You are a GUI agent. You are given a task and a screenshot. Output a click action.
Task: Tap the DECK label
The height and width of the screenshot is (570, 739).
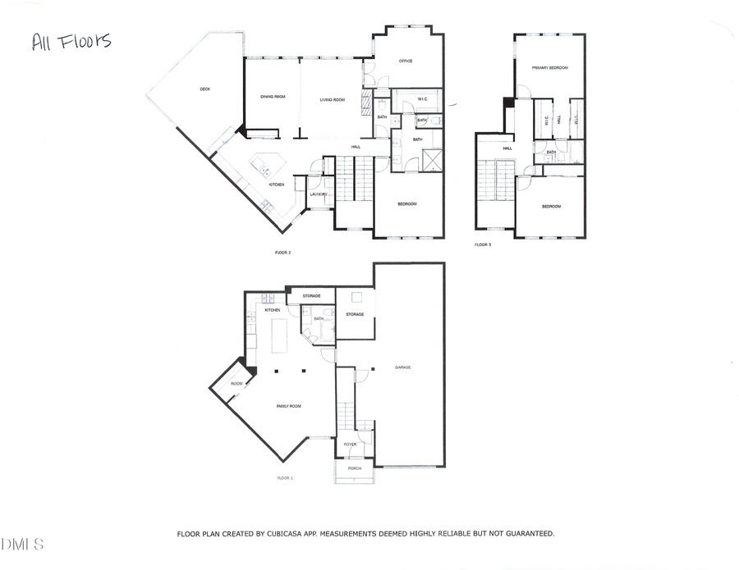(x=205, y=89)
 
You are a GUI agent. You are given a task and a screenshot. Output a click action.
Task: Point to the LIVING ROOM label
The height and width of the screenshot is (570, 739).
(x=332, y=99)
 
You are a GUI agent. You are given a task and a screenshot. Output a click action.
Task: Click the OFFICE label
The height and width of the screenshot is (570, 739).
(x=405, y=61)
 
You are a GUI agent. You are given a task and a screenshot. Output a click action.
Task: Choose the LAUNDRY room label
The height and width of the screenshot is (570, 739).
(x=319, y=194)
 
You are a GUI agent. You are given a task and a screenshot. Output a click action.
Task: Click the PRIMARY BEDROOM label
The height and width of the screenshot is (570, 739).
(x=550, y=68)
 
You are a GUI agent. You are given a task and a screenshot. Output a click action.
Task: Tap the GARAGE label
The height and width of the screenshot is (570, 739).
(x=402, y=367)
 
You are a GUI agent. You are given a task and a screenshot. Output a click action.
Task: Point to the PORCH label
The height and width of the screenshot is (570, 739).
(x=355, y=468)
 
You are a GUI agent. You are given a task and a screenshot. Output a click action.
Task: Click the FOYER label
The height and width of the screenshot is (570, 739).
(x=350, y=445)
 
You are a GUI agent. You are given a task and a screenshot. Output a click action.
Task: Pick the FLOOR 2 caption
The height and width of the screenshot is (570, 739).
(x=283, y=253)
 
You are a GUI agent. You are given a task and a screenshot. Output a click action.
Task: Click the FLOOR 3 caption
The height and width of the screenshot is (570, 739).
(x=483, y=244)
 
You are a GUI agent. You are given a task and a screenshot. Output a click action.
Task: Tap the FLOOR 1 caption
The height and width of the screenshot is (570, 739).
(x=285, y=477)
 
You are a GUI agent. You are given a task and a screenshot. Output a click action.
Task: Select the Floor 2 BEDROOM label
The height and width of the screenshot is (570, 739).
(x=407, y=203)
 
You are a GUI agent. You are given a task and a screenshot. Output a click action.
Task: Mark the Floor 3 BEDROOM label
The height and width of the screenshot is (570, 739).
(x=551, y=206)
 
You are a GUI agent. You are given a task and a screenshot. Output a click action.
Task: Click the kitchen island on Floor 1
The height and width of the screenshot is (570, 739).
(x=279, y=335)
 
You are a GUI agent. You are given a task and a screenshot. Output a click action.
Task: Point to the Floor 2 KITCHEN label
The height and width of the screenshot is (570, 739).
(x=276, y=185)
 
